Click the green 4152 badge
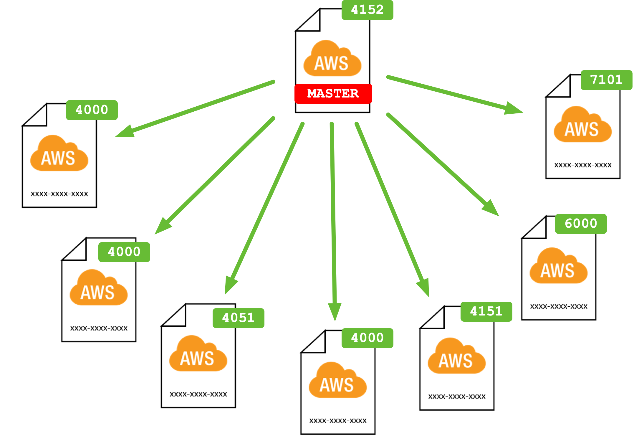click(367, 10)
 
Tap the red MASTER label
click(333, 93)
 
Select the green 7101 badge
click(606, 80)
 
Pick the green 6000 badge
click(581, 224)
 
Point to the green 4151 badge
click(486, 311)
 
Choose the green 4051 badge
click(238, 318)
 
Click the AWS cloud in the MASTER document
click(332, 60)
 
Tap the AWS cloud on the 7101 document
click(582, 126)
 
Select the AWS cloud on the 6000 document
click(558, 267)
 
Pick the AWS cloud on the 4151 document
click(456, 357)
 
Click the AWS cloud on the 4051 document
click(198, 355)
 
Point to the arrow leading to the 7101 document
click(453, 94)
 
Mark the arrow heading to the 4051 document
click(265, 206)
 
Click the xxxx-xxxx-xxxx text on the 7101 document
click(582, 165)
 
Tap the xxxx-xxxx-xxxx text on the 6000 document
click(558, 307)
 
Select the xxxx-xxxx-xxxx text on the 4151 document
click(456, 397)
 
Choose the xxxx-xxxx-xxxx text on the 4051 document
click(198, 394)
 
